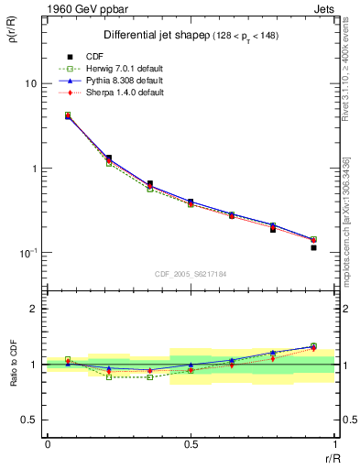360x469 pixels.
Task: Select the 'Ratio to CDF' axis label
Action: [13, 364]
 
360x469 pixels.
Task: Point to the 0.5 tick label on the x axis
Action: [191, 445]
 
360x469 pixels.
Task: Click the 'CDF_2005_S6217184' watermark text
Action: [191, 273]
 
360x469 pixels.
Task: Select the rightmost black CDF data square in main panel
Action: [313, 247]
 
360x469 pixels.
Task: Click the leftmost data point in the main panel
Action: [68, 115]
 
